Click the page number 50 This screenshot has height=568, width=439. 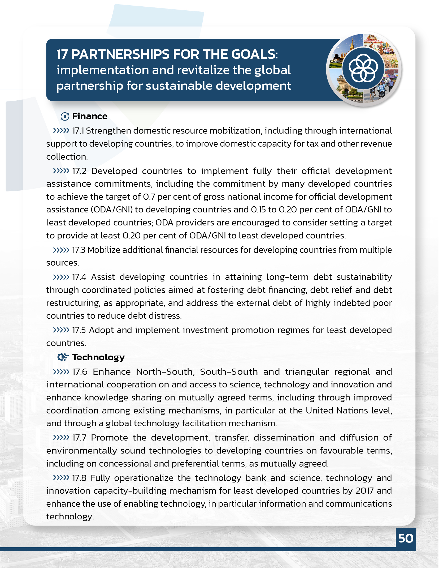click(406, 538)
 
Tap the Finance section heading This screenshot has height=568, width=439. click(90, 116)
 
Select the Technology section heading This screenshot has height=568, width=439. click(98, 357)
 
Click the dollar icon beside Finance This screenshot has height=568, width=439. click(65, 116)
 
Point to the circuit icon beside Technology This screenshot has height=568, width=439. click(63, 357)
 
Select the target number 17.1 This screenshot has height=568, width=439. click(78, 131)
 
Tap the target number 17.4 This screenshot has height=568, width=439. click(79, 277)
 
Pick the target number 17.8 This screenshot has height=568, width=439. click(79, 478)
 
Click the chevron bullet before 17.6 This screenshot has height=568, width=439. click(61, 371)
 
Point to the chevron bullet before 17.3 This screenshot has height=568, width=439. click(61, 250)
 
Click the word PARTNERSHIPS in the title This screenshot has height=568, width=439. click(120, 54)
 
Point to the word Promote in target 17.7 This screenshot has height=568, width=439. click(109, 438)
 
